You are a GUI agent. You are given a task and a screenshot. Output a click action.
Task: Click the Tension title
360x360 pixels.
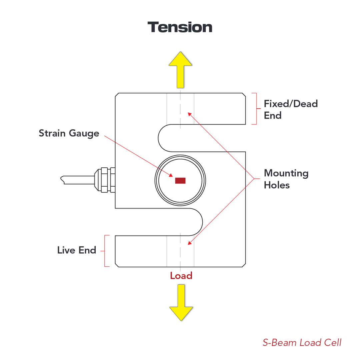point(180,27)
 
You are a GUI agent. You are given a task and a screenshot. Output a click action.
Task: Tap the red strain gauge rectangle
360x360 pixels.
point(180,181)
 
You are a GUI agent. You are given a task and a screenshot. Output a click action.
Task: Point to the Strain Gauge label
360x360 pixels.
point(69,133)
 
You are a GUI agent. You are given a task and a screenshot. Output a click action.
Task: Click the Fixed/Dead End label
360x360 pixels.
point(291,109)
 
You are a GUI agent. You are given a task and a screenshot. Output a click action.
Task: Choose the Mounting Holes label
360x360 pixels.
point(286,179)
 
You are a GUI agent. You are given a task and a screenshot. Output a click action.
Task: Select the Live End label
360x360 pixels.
point(77,250)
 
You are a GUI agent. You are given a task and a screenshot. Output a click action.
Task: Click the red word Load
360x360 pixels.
point(181,276)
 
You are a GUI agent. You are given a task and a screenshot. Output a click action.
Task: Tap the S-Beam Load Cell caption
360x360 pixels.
point(302,342)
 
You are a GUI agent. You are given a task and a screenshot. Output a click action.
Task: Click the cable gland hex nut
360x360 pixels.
point(104,180)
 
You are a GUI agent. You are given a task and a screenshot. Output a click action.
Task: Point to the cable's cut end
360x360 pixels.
point(62,180)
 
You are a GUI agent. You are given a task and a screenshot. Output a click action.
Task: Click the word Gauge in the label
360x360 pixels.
point(84,133)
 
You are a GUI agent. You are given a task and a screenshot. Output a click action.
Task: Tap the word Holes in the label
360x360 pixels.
point(277,185)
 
